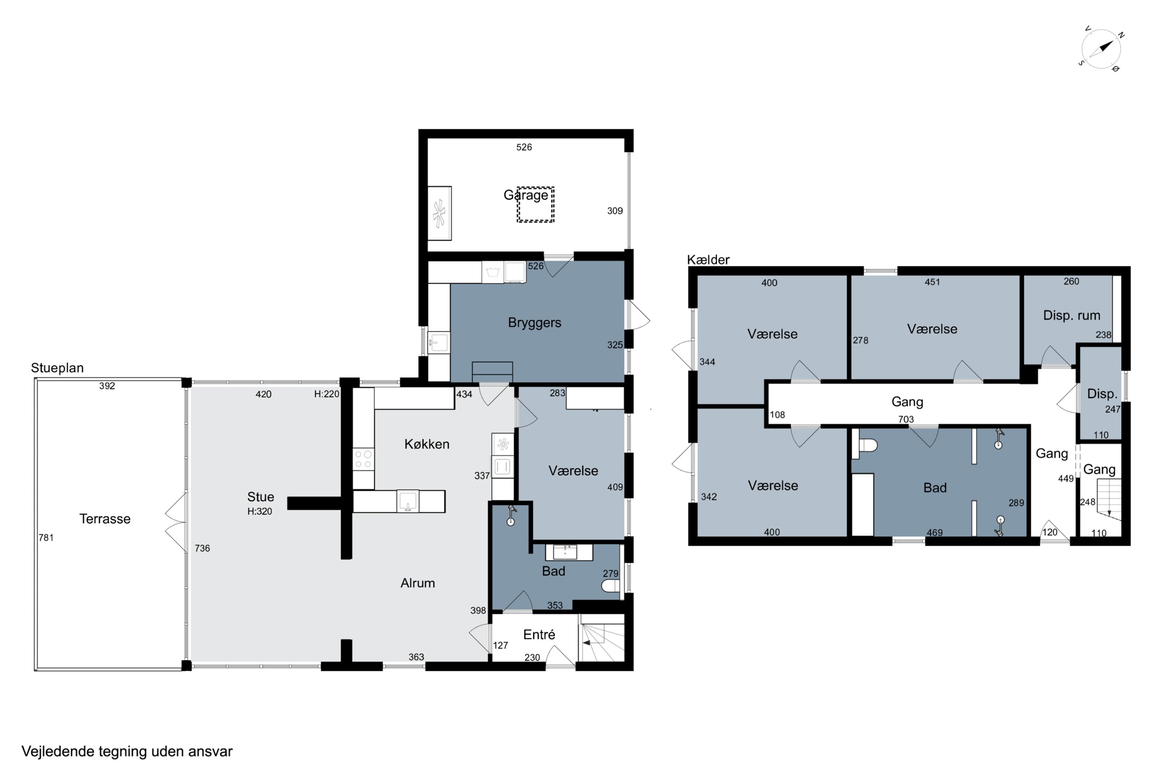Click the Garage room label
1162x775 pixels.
pyautogui.click(x=526, y=195)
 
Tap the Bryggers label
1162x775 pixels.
pyautogui.click(x=535, y=323)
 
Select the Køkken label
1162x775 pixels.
pyautogui.click(x=427, y=444)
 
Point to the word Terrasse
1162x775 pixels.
pyautogui.click(x=105, y=519)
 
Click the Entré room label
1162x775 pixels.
pyautogui.click(x=539, y=635)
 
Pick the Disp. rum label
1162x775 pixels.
pyautogui.click(x=1072, y=315)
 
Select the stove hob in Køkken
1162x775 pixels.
pyautogui.click(x=363, y=459)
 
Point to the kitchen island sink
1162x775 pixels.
pyautogui.click(x=407, y=501)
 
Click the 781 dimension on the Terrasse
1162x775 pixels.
pyautogui.click(x=46, y=538)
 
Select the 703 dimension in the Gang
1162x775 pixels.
pyautogui.click(x=906, y=419)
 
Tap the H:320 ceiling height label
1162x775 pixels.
pyautogui.click(x=260, y=511)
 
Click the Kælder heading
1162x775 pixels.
pyautogui.click(x=708, y=260)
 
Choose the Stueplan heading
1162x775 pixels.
pyautogui.click(x=57, y=368)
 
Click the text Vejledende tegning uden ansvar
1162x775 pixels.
pyautogui.click(x=127, y=752)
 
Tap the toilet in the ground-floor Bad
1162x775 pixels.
pyautogui.click(x=611, y=586)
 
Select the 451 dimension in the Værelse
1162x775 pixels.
pyautogui.click(x=932, y=282)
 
